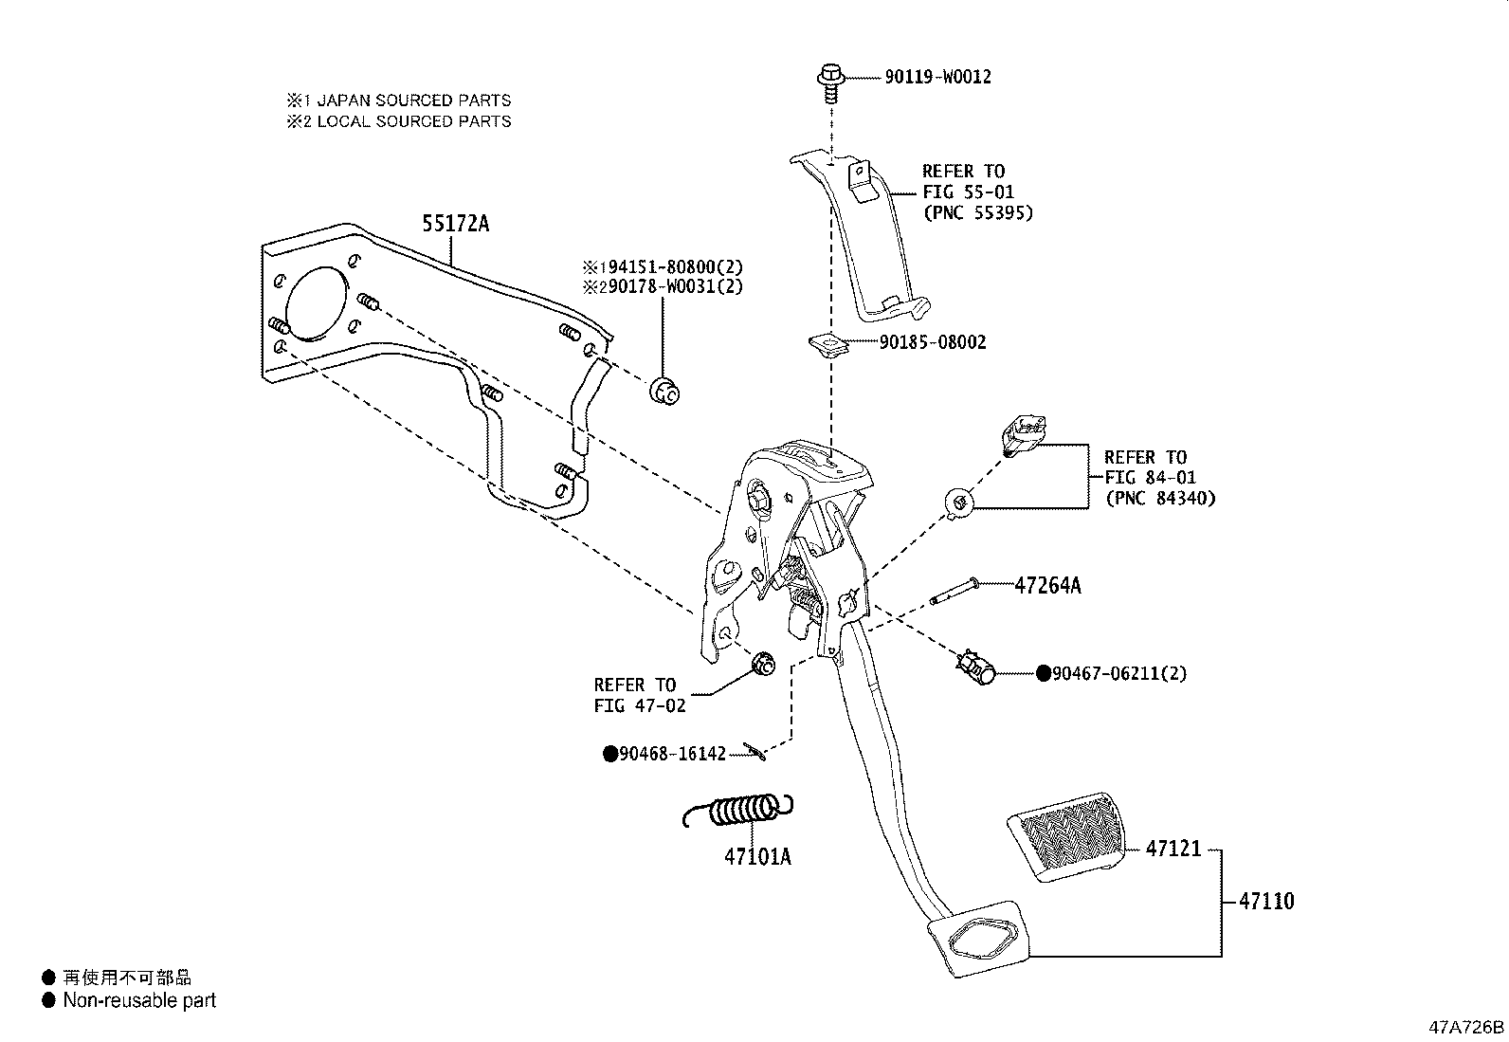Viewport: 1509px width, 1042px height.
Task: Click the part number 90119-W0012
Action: coord(937,77)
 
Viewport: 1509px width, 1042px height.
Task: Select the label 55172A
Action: coord(455,224)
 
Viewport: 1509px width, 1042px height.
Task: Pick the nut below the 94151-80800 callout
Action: coord(664,390)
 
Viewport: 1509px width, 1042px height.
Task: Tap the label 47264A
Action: coord(1046,586)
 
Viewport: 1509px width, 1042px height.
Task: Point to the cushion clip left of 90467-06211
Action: coord(975,667)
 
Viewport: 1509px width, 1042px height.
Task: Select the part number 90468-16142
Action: coord(671,754)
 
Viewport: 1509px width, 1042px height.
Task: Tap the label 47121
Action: coord(1173,849)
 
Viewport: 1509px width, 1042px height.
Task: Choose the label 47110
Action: coord(1265,902)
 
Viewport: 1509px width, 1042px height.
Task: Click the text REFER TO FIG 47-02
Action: coord(634,695)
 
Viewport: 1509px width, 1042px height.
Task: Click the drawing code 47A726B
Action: coord(1466,1027)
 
